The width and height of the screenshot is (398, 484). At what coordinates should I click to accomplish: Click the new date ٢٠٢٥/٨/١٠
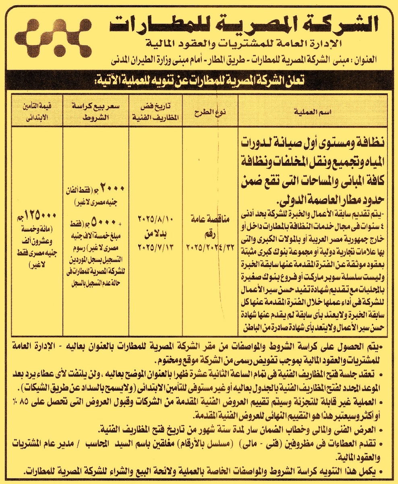156,220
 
